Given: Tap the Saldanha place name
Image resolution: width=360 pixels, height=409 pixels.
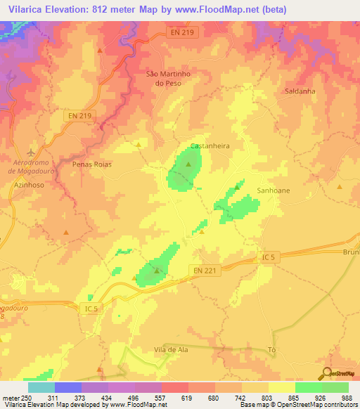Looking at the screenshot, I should [x=300, y=91].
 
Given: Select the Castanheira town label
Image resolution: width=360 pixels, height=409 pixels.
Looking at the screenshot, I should [x=210, y=146].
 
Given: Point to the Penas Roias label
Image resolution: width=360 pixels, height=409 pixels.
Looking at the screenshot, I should [x=92, y=164].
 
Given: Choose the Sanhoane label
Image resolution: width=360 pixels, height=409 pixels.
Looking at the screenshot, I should [x=274, y=190].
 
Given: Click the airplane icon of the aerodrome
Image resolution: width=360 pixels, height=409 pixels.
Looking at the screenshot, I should [x=30, y=152].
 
